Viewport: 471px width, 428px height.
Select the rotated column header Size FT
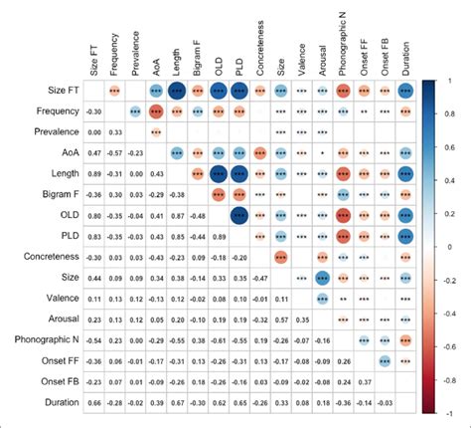point(93,54)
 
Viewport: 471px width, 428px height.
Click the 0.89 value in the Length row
point(93,173)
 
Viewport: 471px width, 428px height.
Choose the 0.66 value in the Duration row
point(93,403)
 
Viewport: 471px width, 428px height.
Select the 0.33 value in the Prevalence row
point(114,131)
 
